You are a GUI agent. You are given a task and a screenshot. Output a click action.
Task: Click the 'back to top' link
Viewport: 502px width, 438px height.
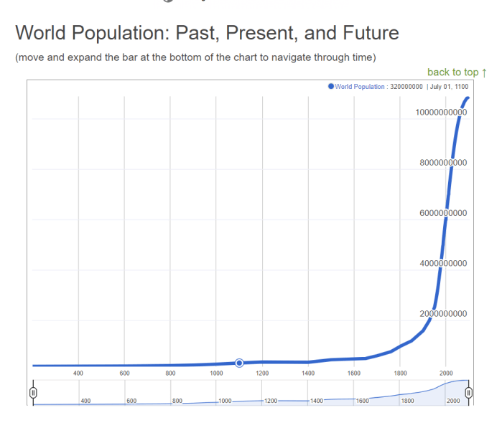point(457,72)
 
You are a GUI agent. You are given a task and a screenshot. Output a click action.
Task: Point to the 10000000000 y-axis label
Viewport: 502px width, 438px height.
point(441,112)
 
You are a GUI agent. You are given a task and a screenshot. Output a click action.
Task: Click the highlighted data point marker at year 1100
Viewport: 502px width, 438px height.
point(239,363)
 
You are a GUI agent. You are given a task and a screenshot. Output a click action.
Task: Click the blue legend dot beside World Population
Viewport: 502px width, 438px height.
point(331,86)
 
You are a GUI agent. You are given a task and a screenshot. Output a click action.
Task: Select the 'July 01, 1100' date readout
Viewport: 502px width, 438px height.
point(450,86)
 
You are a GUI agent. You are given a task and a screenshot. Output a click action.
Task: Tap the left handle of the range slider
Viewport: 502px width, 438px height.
point(33,392)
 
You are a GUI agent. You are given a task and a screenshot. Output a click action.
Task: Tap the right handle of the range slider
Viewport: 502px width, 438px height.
point(468,392)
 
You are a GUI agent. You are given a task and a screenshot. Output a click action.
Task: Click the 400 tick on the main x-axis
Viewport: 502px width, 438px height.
point(78,373)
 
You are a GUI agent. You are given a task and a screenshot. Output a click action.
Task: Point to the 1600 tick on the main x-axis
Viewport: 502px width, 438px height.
point(353,373)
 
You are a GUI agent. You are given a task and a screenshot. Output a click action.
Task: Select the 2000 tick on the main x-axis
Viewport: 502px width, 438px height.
point(445,373)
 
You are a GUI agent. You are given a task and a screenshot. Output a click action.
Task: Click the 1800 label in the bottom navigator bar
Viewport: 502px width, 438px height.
point(407,401)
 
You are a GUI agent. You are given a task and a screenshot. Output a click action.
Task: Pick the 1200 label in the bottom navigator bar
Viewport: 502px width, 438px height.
point(270,401)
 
